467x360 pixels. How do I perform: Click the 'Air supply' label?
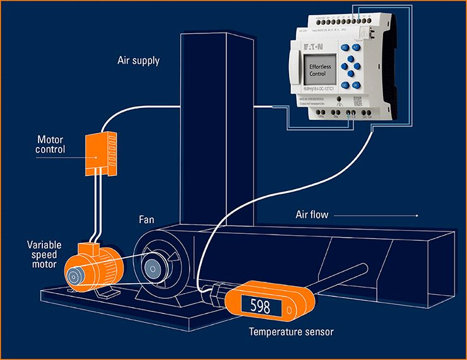(138, 61)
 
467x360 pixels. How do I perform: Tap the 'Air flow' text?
(312, 215)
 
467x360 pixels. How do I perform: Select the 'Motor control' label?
(55, 144)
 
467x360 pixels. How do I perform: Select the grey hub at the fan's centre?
(153, 268)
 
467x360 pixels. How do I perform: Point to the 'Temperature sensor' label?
(290, 331)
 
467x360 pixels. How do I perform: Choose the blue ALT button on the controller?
(356, 47)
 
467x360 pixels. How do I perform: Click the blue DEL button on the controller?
(345, 48)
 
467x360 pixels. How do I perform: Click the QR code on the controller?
(358, 102)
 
